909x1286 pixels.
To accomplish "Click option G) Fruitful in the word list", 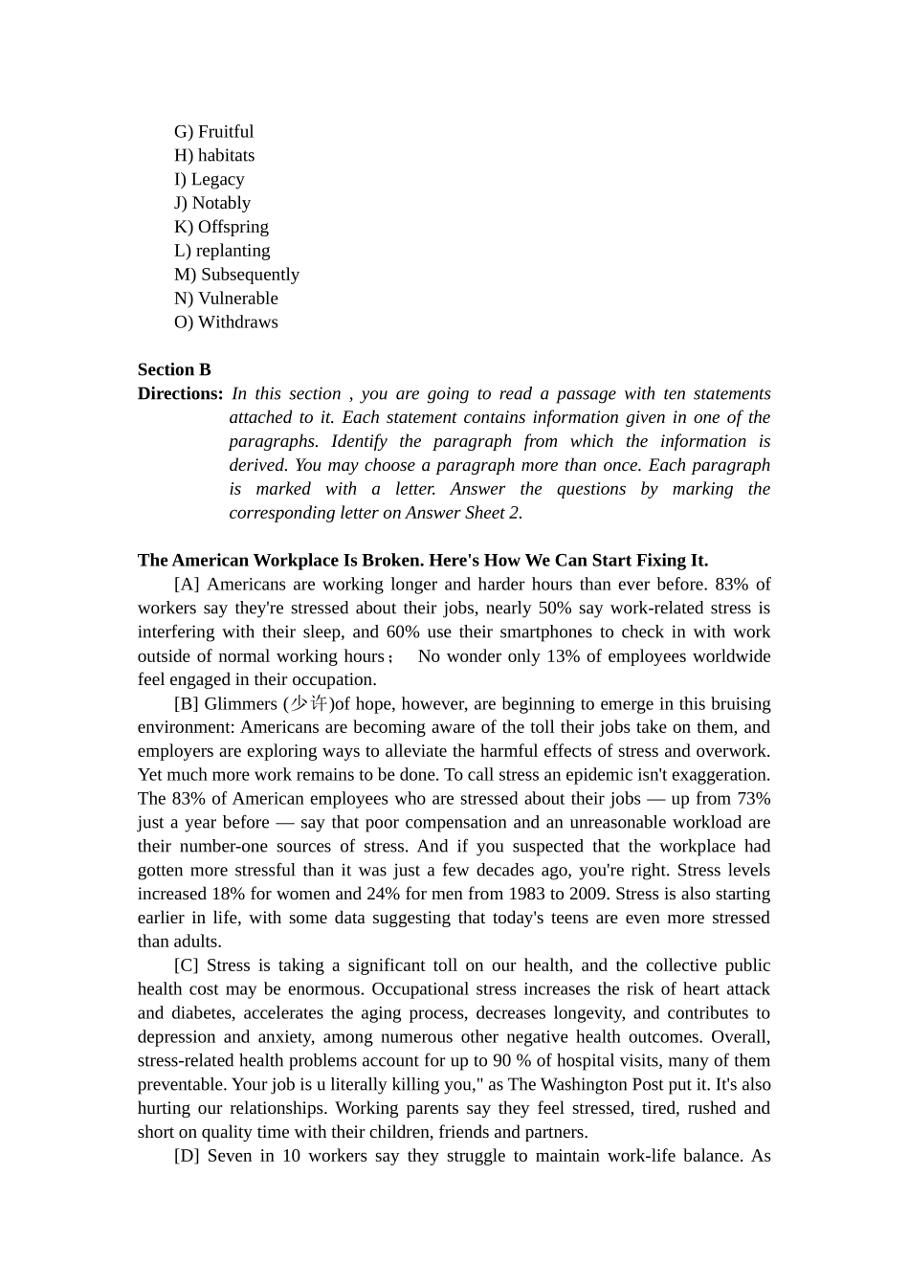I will pos(213,132).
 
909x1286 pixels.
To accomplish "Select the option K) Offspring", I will pos(221,227).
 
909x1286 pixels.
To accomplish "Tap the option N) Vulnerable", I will pos(226,299).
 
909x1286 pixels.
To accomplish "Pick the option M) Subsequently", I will pos(236,275).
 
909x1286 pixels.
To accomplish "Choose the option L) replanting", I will pos(222,251).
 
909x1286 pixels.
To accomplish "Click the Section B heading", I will pos(174,370).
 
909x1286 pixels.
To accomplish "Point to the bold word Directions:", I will pos(180,394).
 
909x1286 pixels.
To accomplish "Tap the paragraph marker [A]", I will pos(187,585).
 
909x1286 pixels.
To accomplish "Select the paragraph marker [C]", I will pos(187,965).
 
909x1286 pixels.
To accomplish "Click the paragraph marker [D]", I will pos(187,1156).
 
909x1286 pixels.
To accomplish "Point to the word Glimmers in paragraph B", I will pos(240,704).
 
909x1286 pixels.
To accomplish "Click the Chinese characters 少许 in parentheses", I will pos(309,704).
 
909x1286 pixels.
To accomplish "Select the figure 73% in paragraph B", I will pos(752,799).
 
